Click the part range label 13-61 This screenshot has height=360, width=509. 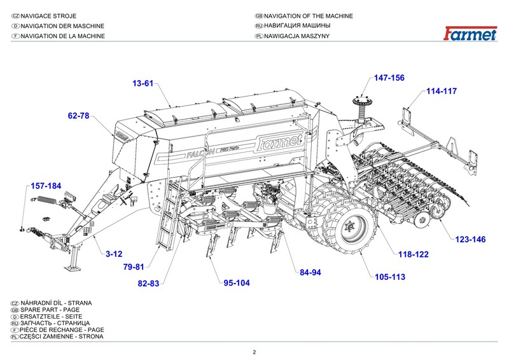point(143,83)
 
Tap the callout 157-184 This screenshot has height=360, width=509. point(46,186)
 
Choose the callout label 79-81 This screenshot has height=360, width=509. point(134,267)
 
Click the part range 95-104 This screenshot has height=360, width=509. point(237,283)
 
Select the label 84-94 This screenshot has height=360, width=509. point(310,272)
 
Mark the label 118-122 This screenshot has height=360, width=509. point(414,254)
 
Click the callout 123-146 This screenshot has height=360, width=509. point(470,239)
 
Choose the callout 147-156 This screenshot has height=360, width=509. point(389,78)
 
